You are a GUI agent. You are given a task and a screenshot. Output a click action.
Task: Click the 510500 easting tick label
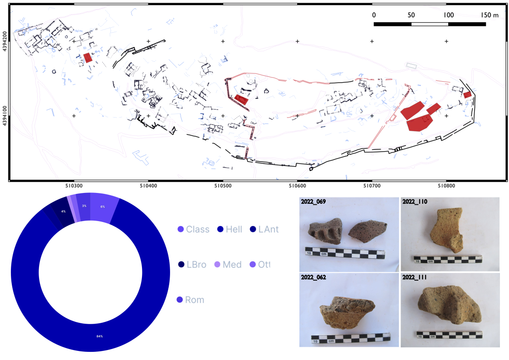pos(222,185)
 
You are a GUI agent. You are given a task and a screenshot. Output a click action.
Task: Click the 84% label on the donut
pos(99,336)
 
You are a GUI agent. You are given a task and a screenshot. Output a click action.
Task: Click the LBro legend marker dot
pos(181,265)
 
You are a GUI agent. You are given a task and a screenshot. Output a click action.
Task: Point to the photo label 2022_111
pos(415,277)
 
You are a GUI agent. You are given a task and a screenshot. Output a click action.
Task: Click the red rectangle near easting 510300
pos(88,57)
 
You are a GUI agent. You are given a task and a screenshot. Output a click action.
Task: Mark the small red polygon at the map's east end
pos(467,94)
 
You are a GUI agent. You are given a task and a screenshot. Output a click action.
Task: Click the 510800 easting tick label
pos(446,185)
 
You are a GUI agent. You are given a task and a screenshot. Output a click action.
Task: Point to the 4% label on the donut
pos(64,212)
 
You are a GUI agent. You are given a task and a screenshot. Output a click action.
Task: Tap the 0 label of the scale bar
pos(374,15)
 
